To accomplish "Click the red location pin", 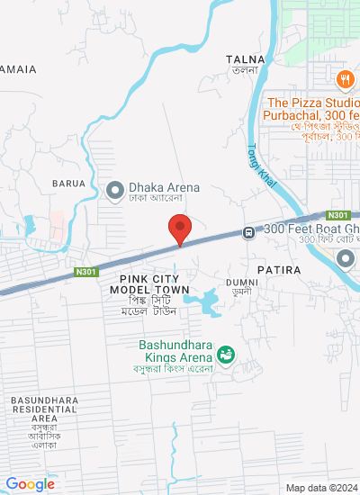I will point(181,229).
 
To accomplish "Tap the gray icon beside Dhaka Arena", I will point(114,190).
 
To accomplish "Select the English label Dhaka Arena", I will point(163,187).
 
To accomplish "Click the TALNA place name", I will point(246,58).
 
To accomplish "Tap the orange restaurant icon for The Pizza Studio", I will point(346,79).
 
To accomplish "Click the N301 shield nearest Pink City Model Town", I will point(85,269).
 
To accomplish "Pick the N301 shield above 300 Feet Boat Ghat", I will point(338,215).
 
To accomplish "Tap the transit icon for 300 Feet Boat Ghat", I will point(248,233).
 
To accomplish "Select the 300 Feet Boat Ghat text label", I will point(310,230).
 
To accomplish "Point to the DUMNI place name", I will point(242,282).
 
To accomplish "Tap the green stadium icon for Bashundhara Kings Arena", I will point(226,352).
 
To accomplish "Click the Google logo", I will point(31,484).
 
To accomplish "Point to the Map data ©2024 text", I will point(320,488).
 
